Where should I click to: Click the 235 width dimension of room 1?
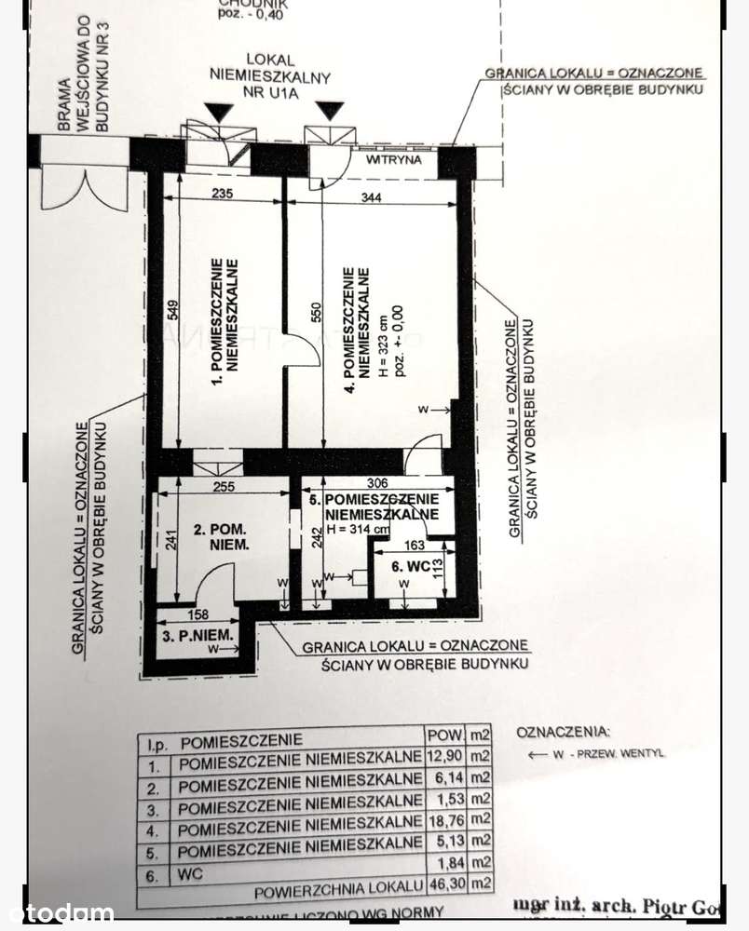[221, 195]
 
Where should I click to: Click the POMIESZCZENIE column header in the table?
[241, 742]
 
